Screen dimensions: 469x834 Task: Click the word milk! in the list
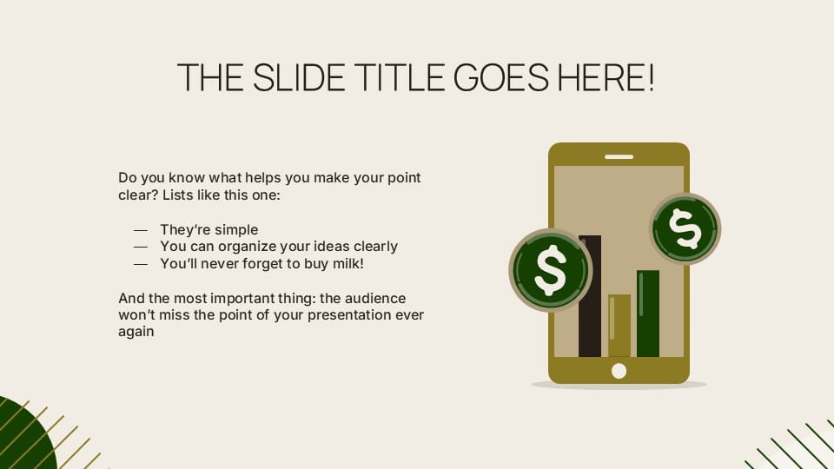point(344,262)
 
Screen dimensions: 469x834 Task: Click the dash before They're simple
point(141,230)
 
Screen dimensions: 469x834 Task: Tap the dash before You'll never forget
point(141,263)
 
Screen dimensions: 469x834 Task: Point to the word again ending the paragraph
point(136,331)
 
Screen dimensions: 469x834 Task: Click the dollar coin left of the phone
point(550,270)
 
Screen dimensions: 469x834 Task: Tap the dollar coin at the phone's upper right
point(685,228)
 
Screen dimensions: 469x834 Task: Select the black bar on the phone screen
point(590,295)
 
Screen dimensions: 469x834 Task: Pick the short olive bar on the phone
point(619,325)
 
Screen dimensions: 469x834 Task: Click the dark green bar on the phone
point(648,313)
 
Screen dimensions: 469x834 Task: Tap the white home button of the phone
point(619,371)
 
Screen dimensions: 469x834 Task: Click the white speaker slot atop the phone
point(619,157)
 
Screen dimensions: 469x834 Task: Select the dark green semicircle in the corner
point(22,439)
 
